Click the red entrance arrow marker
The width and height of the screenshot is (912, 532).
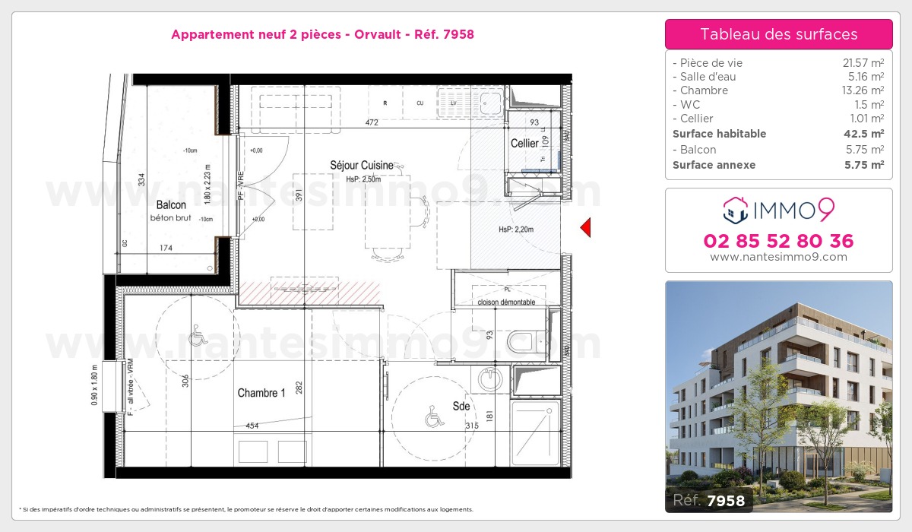(x=585, y=227)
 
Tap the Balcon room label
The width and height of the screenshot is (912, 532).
(x=171, y=205)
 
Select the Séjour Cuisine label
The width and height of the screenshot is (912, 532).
(x=361, y=165)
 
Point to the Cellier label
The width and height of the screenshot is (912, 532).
(x=524, y=144)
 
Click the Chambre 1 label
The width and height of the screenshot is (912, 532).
(x=261, y=393)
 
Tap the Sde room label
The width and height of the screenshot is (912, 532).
(x=461, y=406)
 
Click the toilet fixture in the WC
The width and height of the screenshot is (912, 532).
(x=523, y=342)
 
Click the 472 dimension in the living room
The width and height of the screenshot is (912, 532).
(x=372, y=122)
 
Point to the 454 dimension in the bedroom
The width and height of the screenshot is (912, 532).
(x=252, y=426)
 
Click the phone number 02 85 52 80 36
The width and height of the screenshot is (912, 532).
(x=778, y=242)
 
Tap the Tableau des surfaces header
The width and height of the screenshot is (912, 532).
(x=778, y=34)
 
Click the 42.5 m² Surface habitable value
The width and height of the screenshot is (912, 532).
(x=865, y=134)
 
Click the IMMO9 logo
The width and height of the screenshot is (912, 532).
(x=778, y=208)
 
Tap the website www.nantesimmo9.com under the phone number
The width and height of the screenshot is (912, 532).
(x=778, y=257)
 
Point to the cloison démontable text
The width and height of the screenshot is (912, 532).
(x=506, y=302)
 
